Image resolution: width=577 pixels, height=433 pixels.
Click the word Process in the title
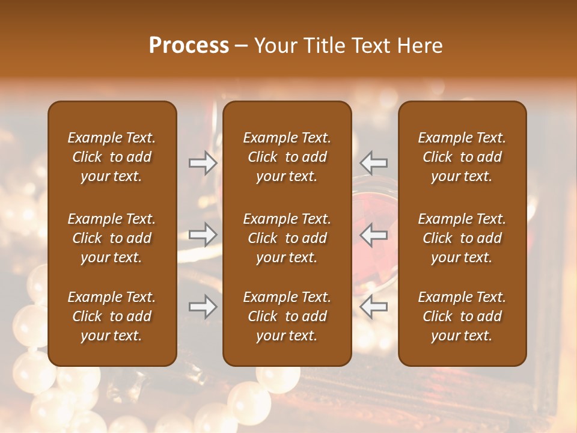pyautogui.click(x=189, y=46)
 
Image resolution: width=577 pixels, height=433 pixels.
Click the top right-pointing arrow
pyautogui.click(x=203, y=162)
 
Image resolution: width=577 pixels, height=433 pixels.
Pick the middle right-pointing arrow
pyautogui.click(x=203, y=235)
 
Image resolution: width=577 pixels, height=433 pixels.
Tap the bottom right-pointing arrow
pyautogui.click(x=203, y=307)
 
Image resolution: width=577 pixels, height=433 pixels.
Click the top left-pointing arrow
pyautogui.click(x=373, y=162)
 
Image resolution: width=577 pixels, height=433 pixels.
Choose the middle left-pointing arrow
pyautogui.click(x=373, y=235)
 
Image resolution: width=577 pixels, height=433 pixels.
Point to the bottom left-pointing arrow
pyautogui.click(x=373, y=307)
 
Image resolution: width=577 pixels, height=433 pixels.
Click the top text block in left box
pyautogui.click(x=112, y=157)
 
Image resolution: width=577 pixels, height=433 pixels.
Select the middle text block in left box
pyautogui.click(x=112, y=238)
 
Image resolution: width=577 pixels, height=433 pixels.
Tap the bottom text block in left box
pyautogui.click(x=112, y=316)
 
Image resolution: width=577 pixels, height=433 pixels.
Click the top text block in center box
pyautogui.click(x=287, y=157)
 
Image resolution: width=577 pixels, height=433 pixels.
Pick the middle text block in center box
pyautogui.click(x=287, y=238)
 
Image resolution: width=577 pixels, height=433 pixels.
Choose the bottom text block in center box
pyautogui.click(x=287, y=316)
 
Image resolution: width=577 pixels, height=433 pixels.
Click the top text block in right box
pyautogui.click(x=462, y=157)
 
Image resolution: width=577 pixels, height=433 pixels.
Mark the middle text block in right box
pyautogui.click(x=462, y=238)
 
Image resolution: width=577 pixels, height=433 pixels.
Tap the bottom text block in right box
pyautogui.click(x=462, y=316)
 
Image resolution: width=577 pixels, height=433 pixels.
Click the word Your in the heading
pyautogui.click(x=274, y=46)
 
